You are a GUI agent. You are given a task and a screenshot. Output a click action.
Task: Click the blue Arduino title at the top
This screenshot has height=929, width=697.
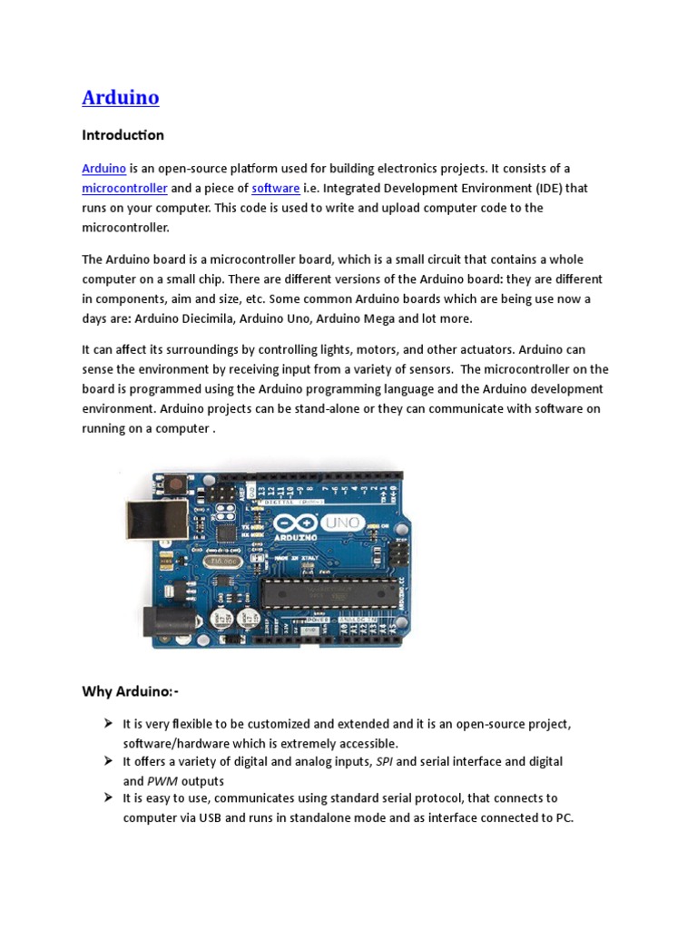[x=121, y=97]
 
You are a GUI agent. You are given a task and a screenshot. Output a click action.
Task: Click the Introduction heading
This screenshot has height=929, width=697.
[x=123, y=135]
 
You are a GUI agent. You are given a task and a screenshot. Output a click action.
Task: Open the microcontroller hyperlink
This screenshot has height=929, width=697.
[x=124, y=188]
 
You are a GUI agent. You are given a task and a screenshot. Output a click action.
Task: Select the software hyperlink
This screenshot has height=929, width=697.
[x=276, y=188]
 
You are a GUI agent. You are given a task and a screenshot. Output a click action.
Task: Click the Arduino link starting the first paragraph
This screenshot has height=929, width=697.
[x=103, y=169]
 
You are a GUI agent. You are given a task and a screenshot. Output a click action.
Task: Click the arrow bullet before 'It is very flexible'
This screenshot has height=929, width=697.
[x=106, y=723]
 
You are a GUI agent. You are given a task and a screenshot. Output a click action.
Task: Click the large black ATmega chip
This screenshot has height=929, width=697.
[x=329, y=593]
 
